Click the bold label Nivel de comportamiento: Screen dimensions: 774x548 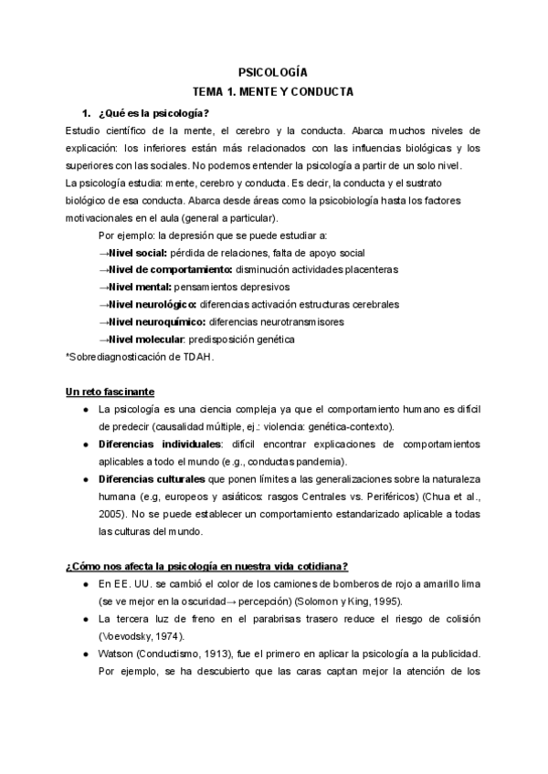tap(171, 270)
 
